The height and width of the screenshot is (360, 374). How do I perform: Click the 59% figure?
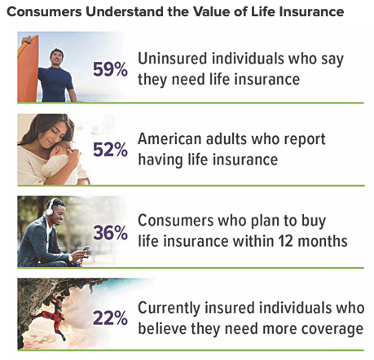[x=110, y=69]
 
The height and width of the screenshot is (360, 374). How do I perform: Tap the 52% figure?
[x=110, y=151]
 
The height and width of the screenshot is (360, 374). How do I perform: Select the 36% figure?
[x=110, y=233]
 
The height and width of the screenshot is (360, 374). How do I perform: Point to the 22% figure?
[x=110, y=315]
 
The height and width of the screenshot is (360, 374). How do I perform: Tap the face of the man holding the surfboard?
[x=56, y=57]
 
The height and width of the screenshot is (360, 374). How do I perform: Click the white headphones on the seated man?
[x=51, y=207]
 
